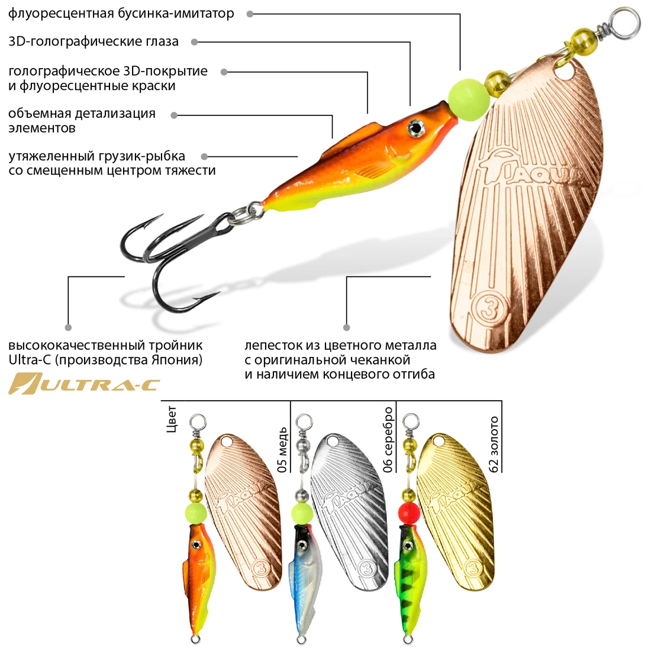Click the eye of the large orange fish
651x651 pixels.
(x=416, y=127)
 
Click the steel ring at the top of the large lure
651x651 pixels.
(x=624, y=22)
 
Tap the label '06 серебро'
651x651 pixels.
(x=388, y=439)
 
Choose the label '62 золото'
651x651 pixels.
(x=494, y=444)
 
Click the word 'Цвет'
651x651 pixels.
(x=172, y=419)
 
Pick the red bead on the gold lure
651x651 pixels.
(x=408, y=513)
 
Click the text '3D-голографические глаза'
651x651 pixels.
(x=94, y=41)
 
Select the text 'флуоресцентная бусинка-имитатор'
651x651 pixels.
(x=121, y=13)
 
